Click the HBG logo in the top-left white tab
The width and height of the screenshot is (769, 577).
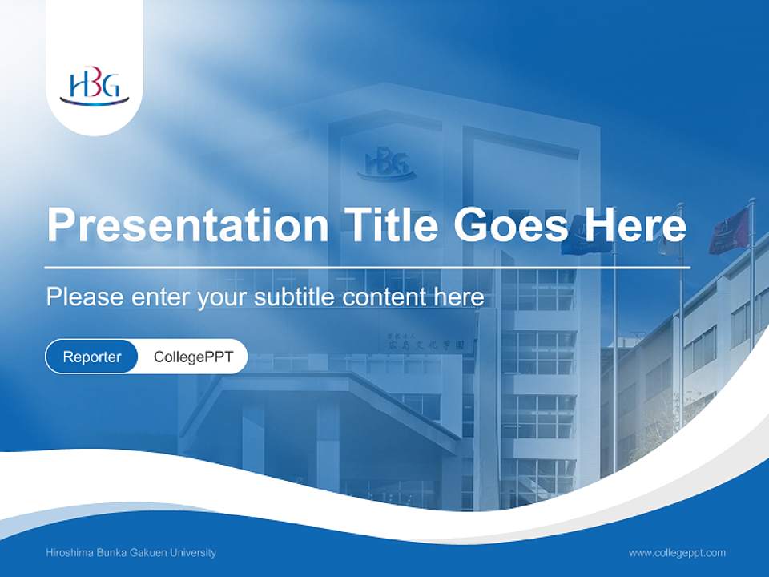coord(94,87)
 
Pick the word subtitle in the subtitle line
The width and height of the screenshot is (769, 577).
coord(297,297)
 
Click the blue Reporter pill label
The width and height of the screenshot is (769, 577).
coord(92,357)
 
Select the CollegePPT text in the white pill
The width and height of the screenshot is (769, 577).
coord(193,357)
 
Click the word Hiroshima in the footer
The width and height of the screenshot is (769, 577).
coord(72,552)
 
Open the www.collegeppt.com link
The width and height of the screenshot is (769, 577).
coord(677,552)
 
